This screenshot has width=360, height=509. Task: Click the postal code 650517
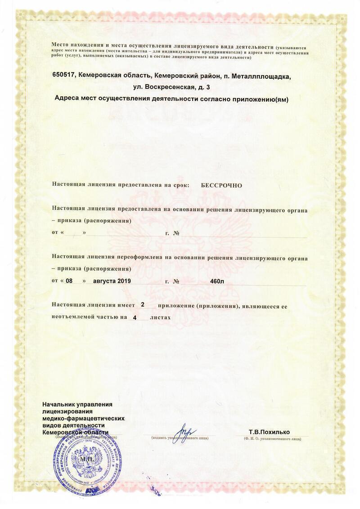point(64,76)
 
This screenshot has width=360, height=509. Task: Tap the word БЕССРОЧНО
point(221,185)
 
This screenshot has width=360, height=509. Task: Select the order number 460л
point(217,282)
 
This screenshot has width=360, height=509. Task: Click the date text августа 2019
point(112,281)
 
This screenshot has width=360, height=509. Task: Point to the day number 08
point(69,281)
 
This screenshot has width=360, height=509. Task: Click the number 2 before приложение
point(143,305)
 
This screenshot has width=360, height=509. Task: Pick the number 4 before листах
point(134,317)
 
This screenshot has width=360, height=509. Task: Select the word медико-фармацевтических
point(83,419)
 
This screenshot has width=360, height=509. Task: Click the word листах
point(161,317)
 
